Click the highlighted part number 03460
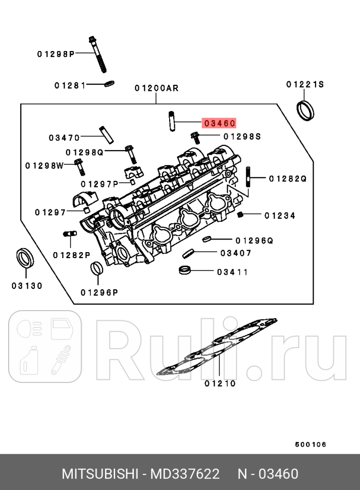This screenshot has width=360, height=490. point(219,123)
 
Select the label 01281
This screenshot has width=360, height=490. point(70,85)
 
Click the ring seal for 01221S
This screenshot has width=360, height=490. point(305,110)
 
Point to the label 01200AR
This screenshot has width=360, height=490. point(157,88)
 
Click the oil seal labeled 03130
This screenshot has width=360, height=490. point(26,258)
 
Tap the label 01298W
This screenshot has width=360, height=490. point(44,166)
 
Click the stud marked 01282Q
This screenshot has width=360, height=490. point(249,178)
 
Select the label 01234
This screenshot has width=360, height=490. point(280,216)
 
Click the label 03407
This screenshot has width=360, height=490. point(236,253)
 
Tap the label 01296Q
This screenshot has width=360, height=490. point(254,240)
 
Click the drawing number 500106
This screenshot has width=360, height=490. point(311,445)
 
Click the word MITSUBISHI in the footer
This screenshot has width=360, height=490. point(100,474)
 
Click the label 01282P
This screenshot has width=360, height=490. point(71,255)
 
